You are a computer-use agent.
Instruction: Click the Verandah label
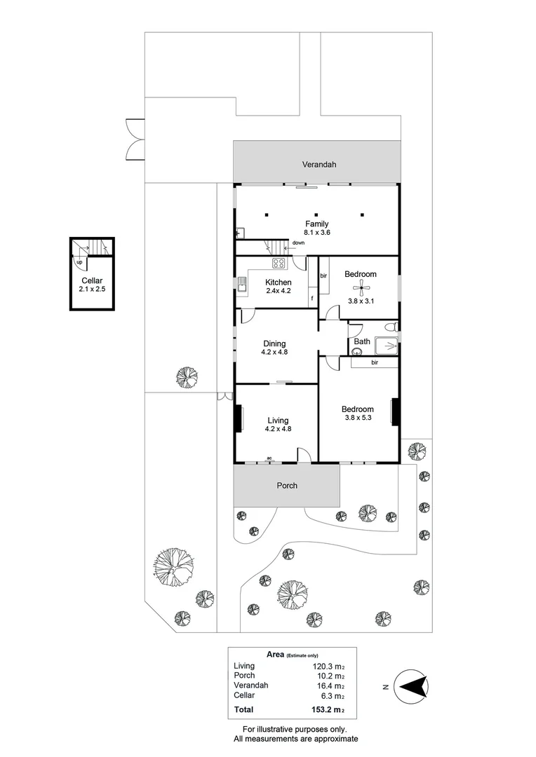(x=319, y=164)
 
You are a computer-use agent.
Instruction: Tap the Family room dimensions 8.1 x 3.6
(x=316, y=232)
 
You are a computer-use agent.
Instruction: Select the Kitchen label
(x=279, y=282)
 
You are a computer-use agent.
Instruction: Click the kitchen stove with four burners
(x=279, y=263)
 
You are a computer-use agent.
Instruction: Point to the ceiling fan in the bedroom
(x=361, y=289)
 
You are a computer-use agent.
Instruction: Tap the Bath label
(x=362, y=341)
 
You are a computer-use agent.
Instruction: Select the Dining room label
(x=274, y=343)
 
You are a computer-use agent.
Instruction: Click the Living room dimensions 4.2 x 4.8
(x=278, y=429)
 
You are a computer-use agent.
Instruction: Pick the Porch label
(x=287, y=486)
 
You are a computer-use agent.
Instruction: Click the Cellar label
(x=92, y=280)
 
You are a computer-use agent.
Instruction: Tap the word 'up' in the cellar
(x=79, y=262)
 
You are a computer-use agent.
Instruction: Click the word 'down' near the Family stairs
(x=298, y=243)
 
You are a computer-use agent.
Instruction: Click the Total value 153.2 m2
(x=328, y=709)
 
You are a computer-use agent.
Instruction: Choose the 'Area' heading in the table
(x=275, y=654)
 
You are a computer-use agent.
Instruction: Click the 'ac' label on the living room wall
(x=269, y=458)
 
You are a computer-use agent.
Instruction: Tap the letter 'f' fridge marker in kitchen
(x=312, y=299)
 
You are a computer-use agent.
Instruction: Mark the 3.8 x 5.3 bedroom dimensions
(x=358, y=418)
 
